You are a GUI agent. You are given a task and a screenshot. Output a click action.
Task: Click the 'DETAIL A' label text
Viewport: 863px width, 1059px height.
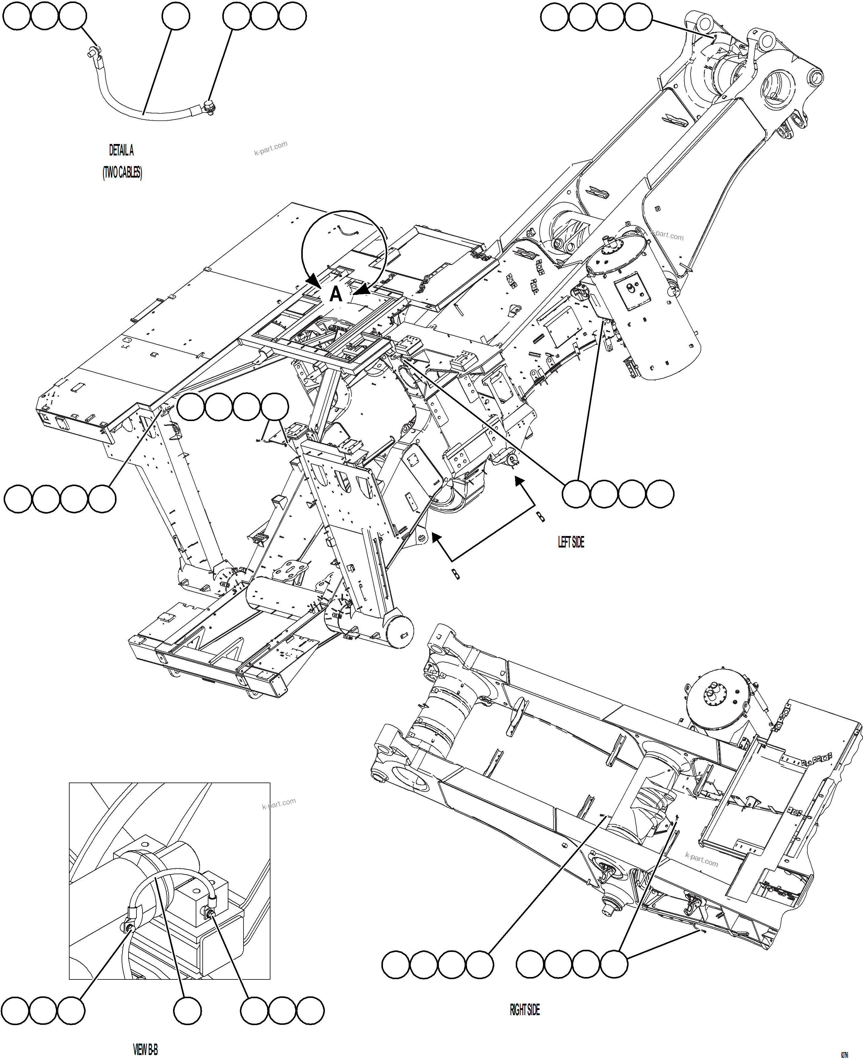(121, 150)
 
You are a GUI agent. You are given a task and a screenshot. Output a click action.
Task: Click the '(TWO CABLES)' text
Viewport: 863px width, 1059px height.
(122, 172)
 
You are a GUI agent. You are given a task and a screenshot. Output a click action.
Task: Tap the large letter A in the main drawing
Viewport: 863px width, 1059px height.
(336, 294)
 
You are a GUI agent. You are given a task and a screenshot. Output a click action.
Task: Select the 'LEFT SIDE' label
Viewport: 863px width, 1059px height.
(571, 542)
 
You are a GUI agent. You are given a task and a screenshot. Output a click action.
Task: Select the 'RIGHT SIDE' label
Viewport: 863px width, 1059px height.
(525, 1010)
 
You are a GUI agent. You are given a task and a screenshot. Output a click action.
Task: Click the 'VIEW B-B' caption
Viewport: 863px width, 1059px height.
(145, 1050)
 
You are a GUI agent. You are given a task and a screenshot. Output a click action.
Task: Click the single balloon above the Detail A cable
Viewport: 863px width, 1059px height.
(175, 16)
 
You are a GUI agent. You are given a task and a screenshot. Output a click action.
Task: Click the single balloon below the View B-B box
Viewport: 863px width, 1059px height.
(188, 1010)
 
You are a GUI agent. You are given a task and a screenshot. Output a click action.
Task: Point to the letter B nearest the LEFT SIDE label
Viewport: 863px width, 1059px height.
(540, 517)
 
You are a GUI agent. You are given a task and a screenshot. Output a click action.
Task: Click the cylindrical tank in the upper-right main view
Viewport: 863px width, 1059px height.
(644, 303)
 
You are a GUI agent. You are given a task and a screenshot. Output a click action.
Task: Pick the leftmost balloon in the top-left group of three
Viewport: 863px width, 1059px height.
(16, 16)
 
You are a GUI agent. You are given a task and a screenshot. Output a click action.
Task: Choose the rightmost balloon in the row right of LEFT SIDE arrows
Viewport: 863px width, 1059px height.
(660, 494)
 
